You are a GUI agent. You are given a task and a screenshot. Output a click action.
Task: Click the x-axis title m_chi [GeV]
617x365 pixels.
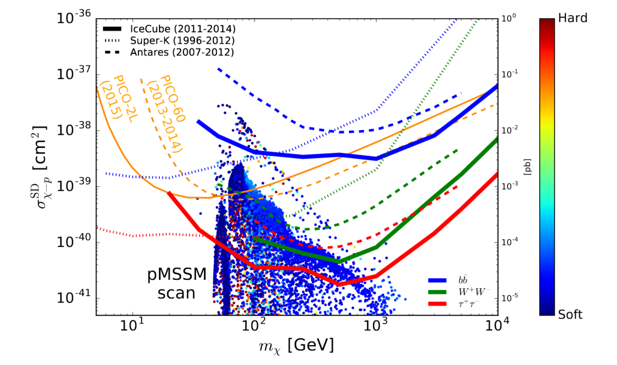(296, 346)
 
